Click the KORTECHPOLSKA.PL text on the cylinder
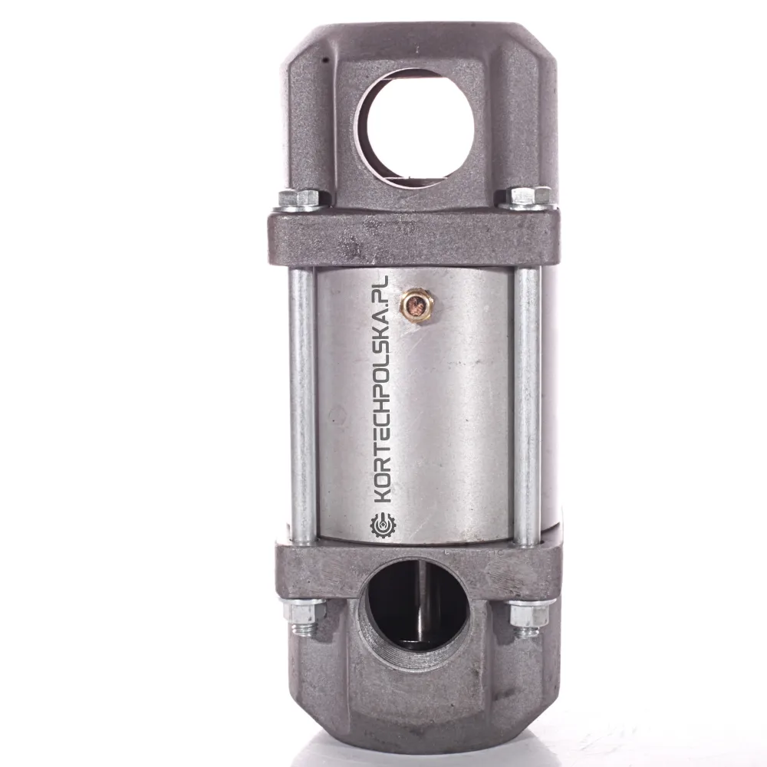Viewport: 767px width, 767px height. click(x=381, y=390)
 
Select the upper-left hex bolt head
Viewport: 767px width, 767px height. click(x=298, y=198)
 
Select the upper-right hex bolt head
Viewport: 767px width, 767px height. click(x=528, y=195)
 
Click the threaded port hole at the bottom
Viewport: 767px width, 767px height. click(x=413, y=604)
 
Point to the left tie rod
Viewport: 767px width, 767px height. click(x=301, y=406)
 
